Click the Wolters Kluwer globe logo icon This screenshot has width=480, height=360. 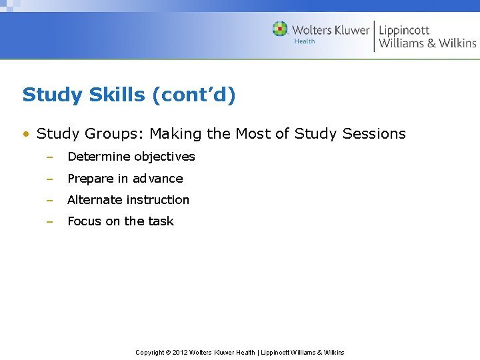pos(280,29)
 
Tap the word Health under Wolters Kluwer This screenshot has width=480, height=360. pos(304,41)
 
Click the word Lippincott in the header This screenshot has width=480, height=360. pos(404,30)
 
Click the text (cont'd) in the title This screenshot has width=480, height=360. pos(194,95)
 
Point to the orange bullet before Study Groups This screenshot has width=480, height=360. pos(25,134)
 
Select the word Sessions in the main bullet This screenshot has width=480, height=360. pos(374,134)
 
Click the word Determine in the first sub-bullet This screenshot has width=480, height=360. pos(99,157)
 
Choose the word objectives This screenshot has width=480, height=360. pos(165,157)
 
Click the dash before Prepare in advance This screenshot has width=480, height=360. pos(49,179)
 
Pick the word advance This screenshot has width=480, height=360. pos(158,179)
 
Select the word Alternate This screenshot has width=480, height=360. pos(95,200)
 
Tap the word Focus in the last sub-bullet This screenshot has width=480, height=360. pos(85,221)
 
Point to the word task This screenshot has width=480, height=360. pos(161,221)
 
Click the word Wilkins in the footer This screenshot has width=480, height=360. pos(332,352)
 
